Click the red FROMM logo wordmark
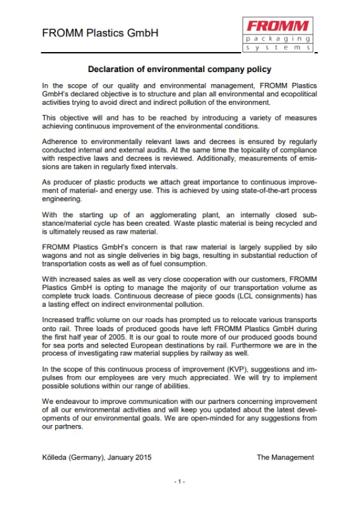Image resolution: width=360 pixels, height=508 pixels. pyautogui.click(x=278, y=25)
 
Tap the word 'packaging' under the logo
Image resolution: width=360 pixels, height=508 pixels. pyautogui.click(x=278, y=38)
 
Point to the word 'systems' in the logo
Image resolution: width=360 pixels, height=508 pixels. pyautogui.click(x=278, y=47)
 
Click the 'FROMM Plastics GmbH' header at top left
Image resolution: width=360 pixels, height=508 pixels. pyautogui.click(x=100, y=33)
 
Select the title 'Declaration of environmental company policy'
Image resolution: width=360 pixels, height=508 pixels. pyautogui.click(x=180, y=70)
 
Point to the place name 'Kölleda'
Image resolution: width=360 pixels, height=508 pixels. pyautogui.click(x=56, y=457)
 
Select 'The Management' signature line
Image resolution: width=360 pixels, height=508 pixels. pyautogui.click(x=285, y=457)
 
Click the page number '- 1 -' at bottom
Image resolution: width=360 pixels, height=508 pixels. pyautogui.click(x=179, y=481)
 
